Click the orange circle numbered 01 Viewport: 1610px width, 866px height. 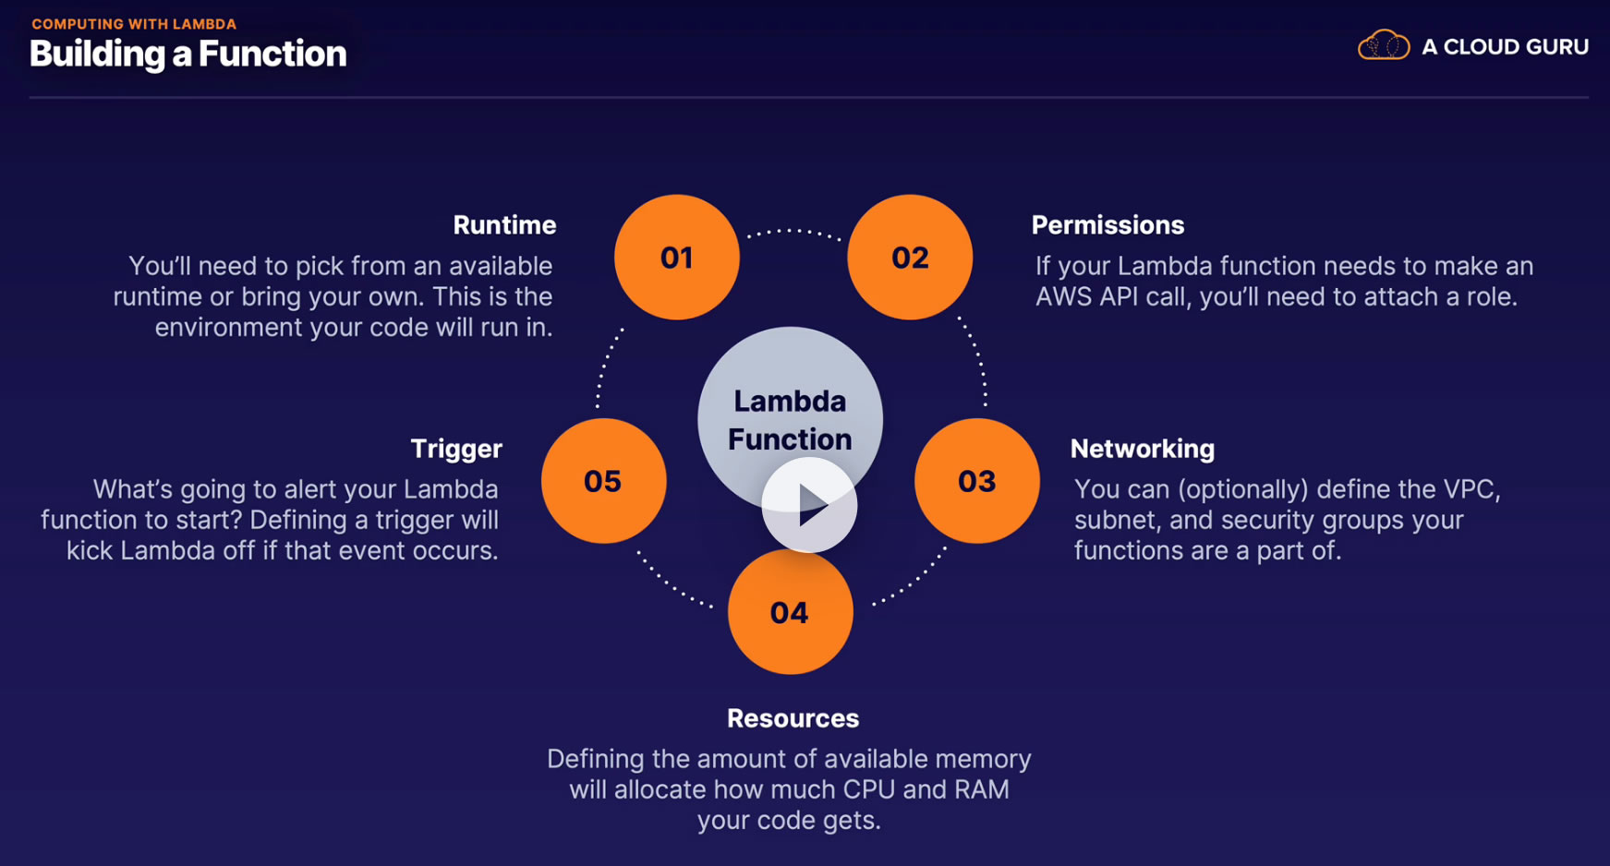677,257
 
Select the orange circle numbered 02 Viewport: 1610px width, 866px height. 910,257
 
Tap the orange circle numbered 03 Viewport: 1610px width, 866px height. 976,481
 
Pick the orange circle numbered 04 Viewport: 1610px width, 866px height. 790,612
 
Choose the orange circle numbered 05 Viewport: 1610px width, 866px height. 603,481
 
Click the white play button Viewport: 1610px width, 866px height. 809,505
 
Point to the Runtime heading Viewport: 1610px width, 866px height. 504,225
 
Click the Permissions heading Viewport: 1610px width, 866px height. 1108,225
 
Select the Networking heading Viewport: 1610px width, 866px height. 1142,449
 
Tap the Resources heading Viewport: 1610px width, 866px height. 793,718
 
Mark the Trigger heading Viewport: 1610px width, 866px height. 456,449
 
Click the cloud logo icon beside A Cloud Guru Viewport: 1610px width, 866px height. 1383,45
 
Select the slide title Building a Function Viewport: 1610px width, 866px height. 188,54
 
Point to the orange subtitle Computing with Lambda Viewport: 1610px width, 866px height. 134,24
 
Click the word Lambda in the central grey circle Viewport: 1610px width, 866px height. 790,402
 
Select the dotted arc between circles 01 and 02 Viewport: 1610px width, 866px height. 793,231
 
